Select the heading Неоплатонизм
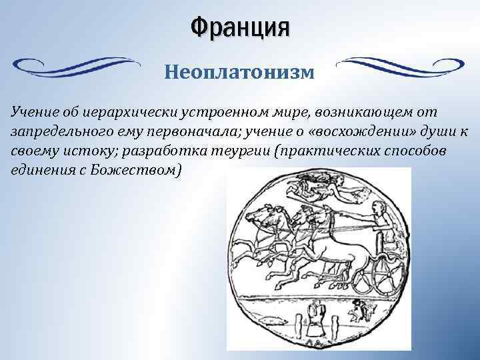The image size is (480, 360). [239, 70]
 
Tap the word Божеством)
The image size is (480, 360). [147, 169]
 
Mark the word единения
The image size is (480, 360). [38, 169]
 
